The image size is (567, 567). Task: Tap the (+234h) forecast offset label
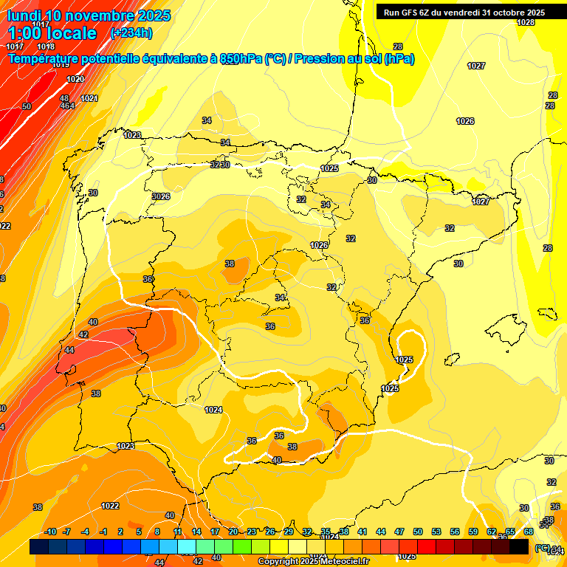click(131, 32)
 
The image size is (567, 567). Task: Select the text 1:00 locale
click(52, 33)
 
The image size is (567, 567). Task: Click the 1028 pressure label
click(525, 23)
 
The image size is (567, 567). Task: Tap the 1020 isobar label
click(75, 80)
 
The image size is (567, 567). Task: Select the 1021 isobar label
click(89, 98)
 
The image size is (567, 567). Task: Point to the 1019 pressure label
click(61, 65)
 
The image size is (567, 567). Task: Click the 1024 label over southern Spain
click(213, 410)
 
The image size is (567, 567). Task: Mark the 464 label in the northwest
click(67, 106)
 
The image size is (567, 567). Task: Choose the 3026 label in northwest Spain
click(161, 196)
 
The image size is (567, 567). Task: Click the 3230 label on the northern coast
click(220, 165)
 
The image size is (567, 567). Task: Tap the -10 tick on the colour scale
click(50, 532)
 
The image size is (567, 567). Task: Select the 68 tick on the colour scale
click(529, 532)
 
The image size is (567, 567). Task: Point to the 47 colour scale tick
click(399, 532)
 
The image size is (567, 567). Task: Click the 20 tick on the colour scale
click(233, 532)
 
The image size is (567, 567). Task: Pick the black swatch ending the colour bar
click(519, 546)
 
